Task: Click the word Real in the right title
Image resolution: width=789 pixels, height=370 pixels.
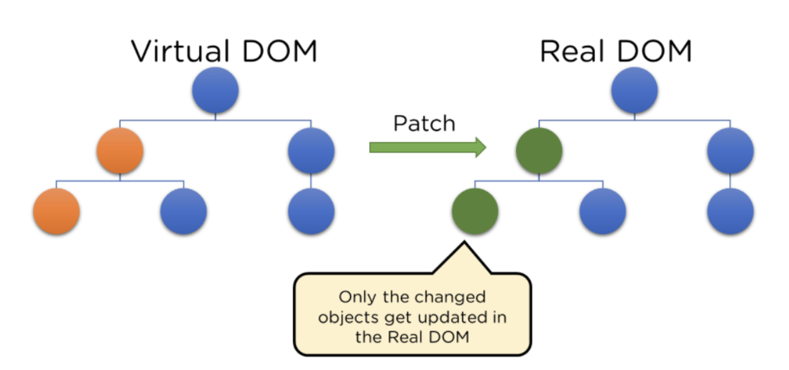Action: (571, 51)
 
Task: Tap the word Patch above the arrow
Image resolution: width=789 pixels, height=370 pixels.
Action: (424, 123)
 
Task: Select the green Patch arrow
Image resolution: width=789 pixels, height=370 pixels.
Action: (428, 147)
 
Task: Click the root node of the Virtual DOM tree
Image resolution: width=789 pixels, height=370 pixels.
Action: (215, 91)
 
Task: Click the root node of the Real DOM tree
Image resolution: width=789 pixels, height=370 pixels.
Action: (634, 91)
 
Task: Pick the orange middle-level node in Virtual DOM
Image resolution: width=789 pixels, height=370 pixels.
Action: (120, 151)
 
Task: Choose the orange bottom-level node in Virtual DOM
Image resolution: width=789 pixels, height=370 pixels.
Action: (56, 211)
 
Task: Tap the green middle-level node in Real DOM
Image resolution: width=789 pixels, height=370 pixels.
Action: (538, 151)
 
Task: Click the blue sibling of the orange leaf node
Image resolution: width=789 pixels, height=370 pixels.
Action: (183, 211)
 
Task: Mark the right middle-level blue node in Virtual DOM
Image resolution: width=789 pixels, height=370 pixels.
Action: (311, 151)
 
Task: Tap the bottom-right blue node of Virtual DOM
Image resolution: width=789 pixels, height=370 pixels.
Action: (311, 211)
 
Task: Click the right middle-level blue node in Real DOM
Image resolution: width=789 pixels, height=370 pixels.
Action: (730, 151)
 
